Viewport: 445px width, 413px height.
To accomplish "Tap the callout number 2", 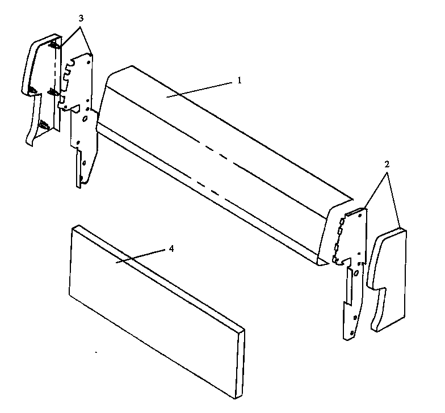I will pyautogui.click(x=387, y=163).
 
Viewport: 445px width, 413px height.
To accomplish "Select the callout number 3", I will pyautogui.click(x=81, y=18).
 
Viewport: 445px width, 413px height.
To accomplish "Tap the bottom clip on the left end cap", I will pyautogui.click(x=44, y=125).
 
